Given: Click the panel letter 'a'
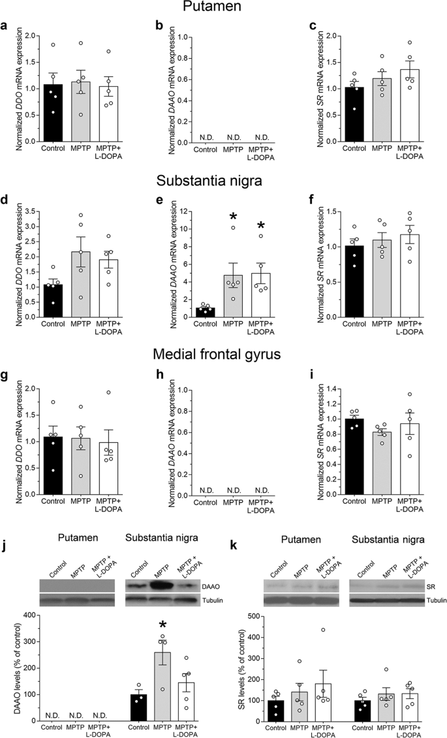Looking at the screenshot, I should coord(5,27).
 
